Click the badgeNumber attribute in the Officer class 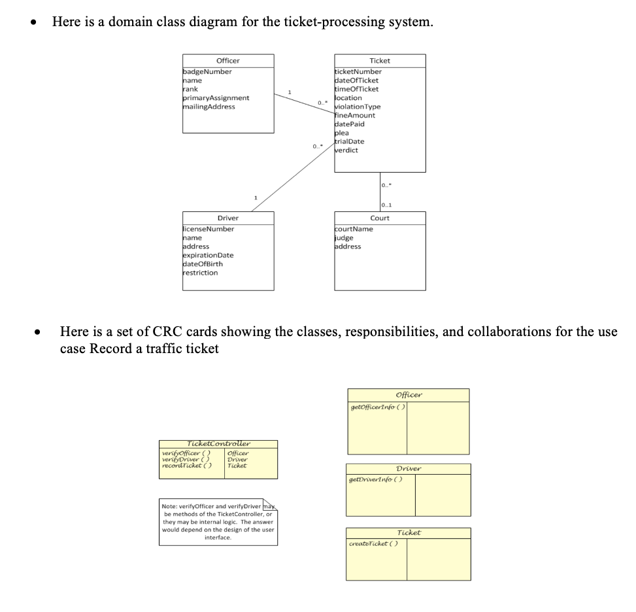(207, 71)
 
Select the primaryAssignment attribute (216, 98)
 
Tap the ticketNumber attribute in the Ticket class (358, 71)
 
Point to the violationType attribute (358, 107)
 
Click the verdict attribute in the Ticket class (346, 150)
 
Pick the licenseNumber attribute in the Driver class (209, 229)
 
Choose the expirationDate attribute (208, 255)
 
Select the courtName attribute (354, 229)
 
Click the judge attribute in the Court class (344, 238)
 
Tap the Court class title (380, 218)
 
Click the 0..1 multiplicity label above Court (386, 205)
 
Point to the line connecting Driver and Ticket (293, 177)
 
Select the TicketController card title (218, 443)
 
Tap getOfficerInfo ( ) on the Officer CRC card (378, 407)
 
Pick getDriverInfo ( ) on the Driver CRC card (376, 480)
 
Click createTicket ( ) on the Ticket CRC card (373, 544)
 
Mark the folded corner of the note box (270, 505)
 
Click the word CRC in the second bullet (166, 331)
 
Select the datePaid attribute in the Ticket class (349, 124)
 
